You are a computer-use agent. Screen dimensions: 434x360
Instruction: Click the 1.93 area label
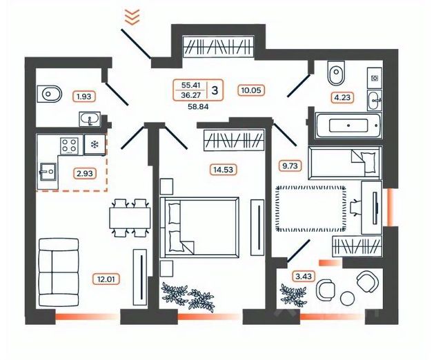tap(85, 97)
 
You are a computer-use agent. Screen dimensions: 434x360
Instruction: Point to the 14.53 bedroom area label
tap(222, 168)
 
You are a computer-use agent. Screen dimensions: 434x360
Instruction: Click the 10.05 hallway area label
tap(253, 90)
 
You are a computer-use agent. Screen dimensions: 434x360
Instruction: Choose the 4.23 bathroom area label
tap(342, 97)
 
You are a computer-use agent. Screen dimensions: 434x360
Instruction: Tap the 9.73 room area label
tap(288, 166)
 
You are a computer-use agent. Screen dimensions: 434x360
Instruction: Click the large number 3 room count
tap(216, 90)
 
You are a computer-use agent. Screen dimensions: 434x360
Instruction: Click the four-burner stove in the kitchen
tap(68, 145)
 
